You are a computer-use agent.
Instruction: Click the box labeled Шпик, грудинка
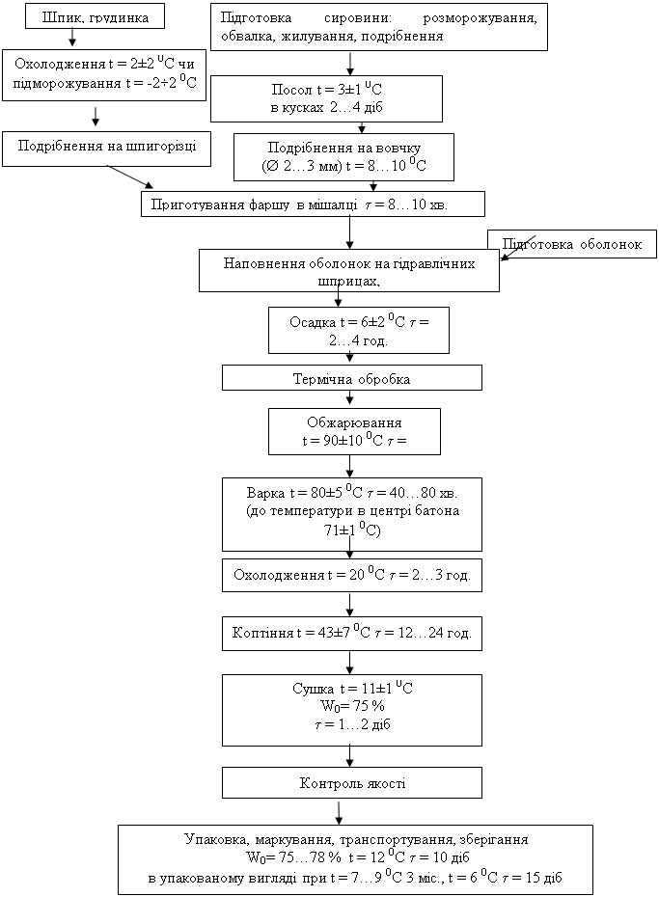pos(95,17)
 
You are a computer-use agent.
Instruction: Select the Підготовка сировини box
pos(378,27)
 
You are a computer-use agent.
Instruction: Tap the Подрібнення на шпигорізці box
pos(106,149)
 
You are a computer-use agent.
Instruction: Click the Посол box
pos(326,98)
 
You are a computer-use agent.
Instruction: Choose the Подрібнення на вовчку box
pos(343,157)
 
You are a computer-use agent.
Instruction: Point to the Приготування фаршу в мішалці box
pos(313,204)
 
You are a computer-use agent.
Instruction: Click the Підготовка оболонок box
pos(572,244)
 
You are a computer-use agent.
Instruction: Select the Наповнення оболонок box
pos(349,270)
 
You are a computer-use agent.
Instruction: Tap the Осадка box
pos(359,330)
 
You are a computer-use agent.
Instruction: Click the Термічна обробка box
pos(352,378)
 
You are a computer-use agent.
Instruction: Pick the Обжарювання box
pos(354,431)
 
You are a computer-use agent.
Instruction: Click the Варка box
pos(352,514)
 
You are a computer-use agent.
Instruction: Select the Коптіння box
pos(352,634)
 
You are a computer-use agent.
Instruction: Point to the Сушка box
pos(352,710)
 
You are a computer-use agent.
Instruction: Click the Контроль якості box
pos(352,782)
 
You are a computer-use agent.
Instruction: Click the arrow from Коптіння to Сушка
pos(349,663)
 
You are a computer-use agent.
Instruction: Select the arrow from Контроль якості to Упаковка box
pos(339,812)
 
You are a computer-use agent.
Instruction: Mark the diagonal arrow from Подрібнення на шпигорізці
pos(131,177)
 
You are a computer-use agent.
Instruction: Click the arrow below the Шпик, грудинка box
pos(71,38)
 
